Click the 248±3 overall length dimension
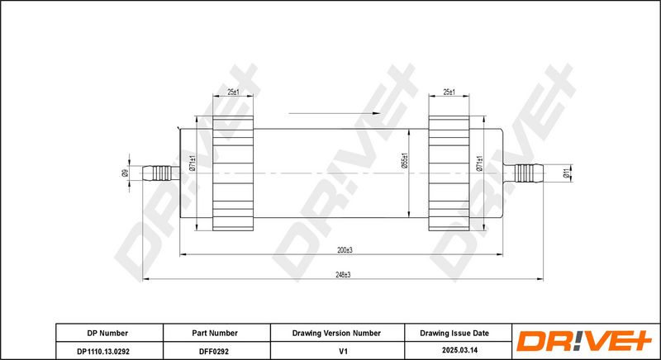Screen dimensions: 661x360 (x=344, y=274)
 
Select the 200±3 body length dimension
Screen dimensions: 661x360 (x=345, y=250)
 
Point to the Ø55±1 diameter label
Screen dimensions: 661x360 (x=404, y=160)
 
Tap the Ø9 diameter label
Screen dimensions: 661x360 (x=125, y=173)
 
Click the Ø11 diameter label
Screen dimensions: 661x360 (x=566, y=173)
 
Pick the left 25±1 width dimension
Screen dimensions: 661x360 (x=233, y=92)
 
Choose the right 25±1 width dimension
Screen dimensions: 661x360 (x=449, y=92)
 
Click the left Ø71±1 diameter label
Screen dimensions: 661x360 (x=193, y=163)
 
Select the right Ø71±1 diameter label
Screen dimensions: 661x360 (x=479, y=163)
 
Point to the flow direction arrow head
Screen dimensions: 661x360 (x=376, y=113)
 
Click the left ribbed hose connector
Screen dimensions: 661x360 (x=161, y=173)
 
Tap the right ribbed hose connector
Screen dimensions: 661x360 (x=524, y=173)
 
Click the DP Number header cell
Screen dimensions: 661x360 (x=107, y=333)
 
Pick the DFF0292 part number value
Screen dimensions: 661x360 (x=215, y=351)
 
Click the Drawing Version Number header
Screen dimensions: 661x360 (x=336, y=333)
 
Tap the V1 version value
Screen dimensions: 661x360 (x=344, y=351)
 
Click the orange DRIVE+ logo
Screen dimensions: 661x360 (x=584, y=341)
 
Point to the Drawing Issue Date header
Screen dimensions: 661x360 (x=454, y=333)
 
